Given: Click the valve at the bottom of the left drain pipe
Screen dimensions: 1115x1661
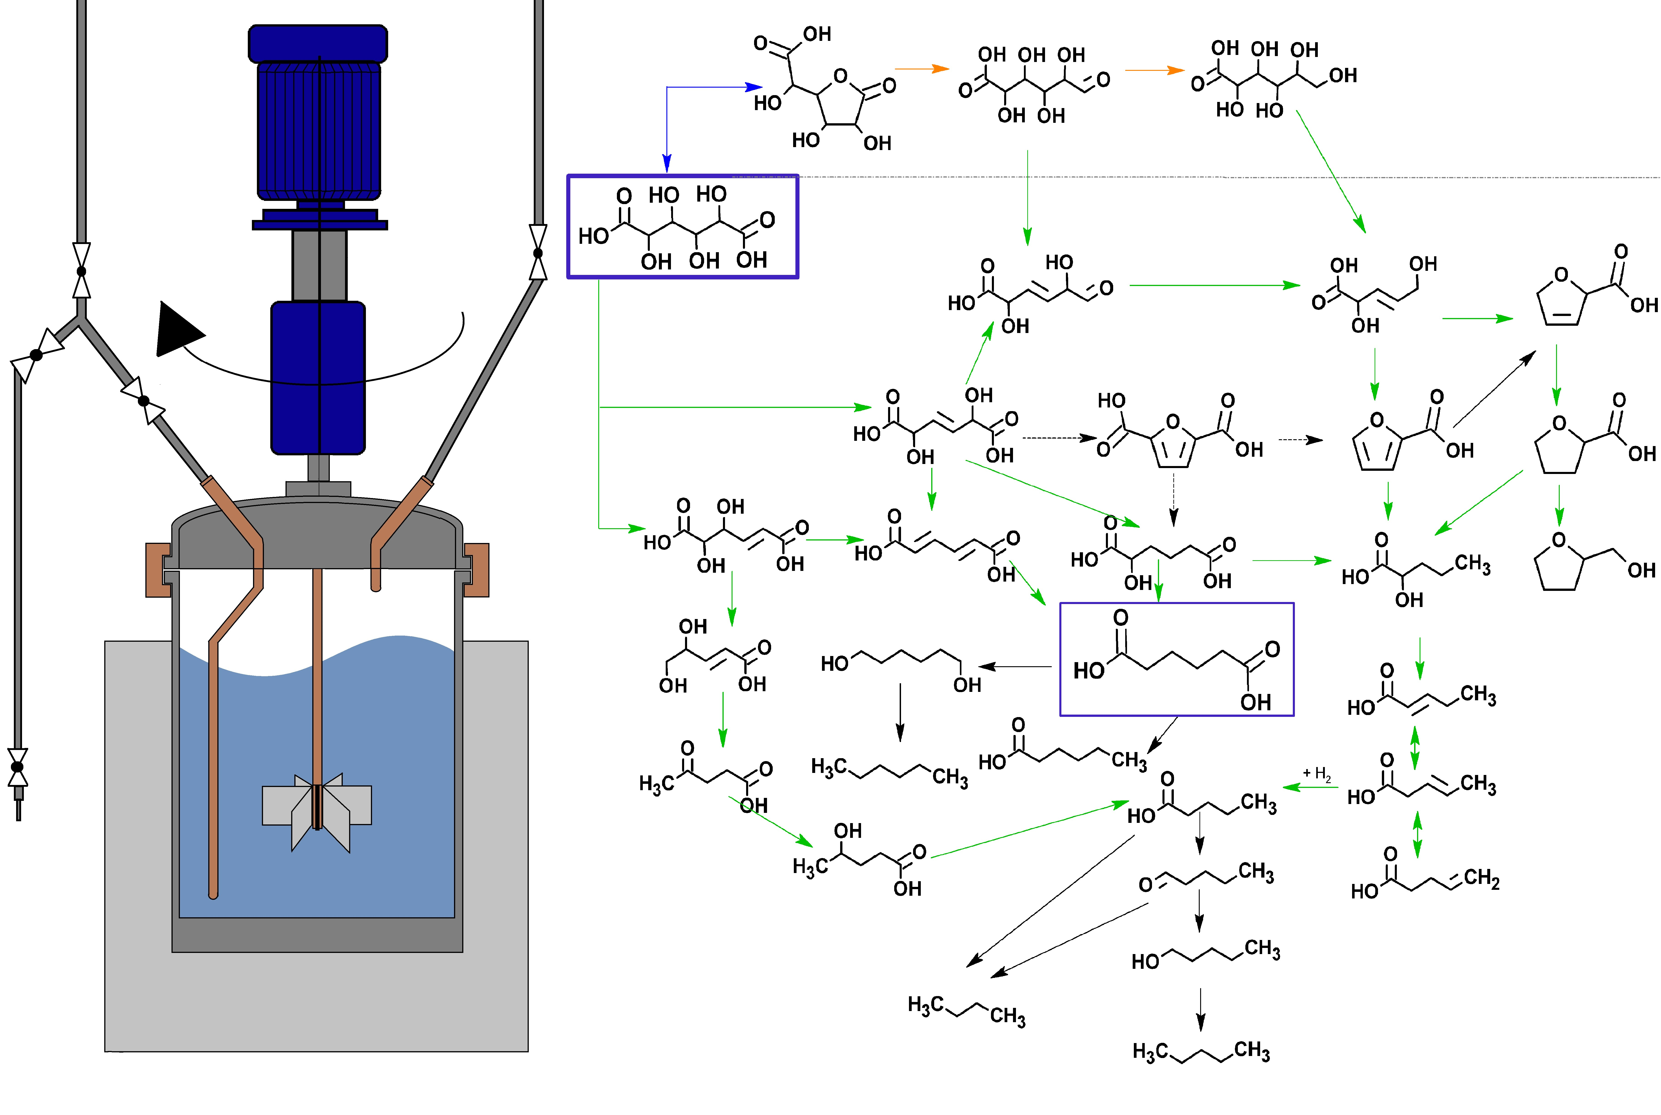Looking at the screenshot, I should coord(18,767).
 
